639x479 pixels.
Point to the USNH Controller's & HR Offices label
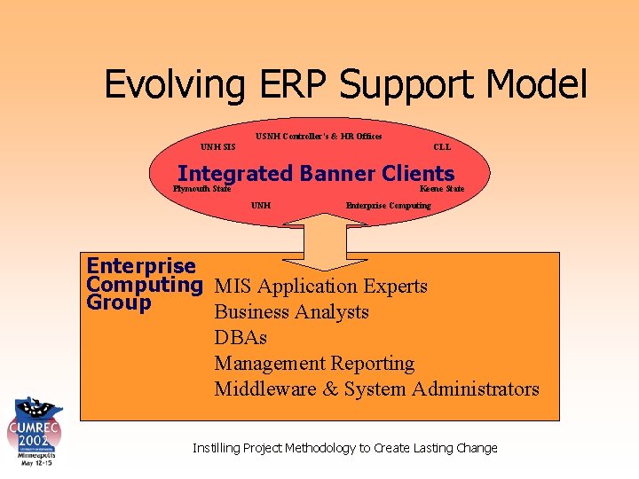[319, 137]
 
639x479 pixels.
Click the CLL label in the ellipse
[442, 147]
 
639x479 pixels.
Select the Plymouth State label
[202, 189]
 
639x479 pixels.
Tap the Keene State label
[442, 189]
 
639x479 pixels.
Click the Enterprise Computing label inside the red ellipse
[388, 206]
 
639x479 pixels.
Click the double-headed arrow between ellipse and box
[328, 239]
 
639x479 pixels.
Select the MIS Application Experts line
[320, 287]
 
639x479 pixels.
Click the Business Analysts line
[291, 312]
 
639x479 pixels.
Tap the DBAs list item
[241, 338]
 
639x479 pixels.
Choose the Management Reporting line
[314, 364]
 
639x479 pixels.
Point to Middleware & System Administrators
[376, 389]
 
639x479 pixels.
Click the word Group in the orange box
[119, 303]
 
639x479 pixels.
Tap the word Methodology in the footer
[315, 448]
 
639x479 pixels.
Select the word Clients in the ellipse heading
[417, 174]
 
